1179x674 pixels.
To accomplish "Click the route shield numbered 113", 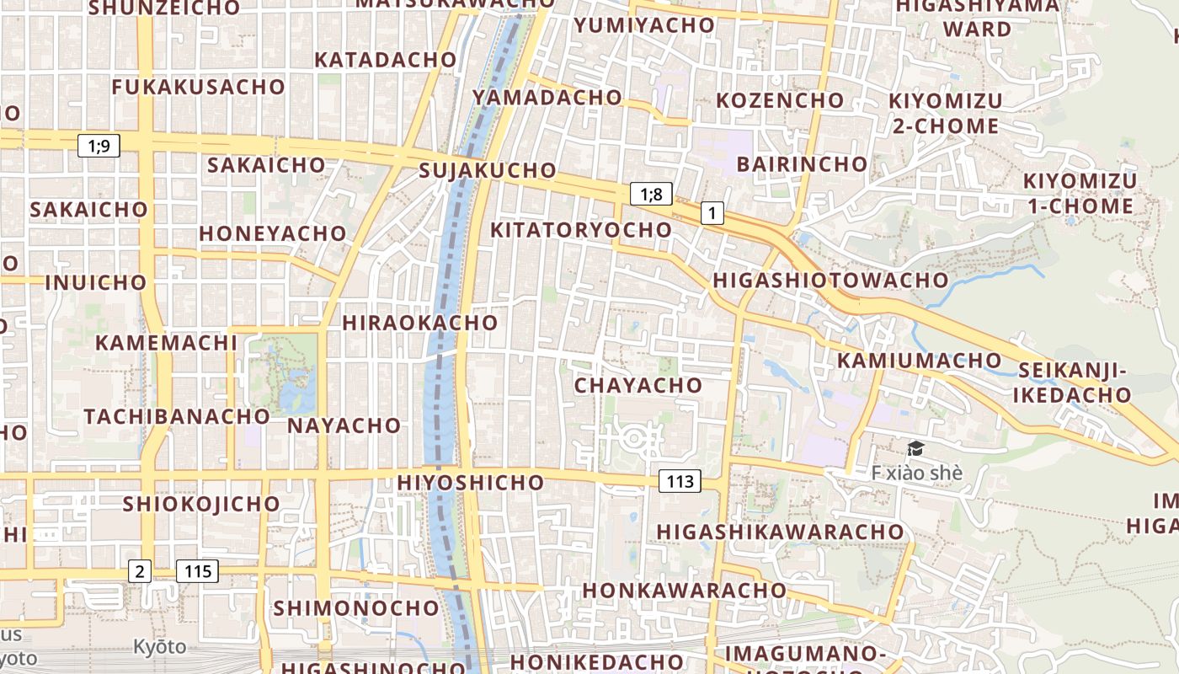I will (x=680, y=481).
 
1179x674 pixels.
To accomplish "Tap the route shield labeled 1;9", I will (x=99, y=146).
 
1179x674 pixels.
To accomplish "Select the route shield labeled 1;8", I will (x=651, y=195).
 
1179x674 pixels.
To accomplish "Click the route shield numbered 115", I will (x=197, y=571).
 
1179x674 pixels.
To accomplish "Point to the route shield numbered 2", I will (x=140, y=571).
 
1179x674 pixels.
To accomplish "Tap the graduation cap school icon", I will (x=915, y=450).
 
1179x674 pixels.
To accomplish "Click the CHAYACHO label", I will (x=638, y=386).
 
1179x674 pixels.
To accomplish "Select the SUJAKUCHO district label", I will (x=488, y=171).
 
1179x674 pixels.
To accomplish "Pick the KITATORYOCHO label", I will (x=581, y=230).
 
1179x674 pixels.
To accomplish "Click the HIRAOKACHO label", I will (x=419, y=323).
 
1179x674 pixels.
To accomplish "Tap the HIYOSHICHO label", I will (x=470, y=483).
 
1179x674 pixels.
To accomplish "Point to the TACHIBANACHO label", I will (x=177, y=416).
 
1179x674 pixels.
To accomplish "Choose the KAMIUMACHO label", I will (x=919, y=361).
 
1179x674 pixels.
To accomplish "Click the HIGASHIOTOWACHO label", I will (x=830, y=280).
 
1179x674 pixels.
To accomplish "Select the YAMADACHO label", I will (x=547, y=97).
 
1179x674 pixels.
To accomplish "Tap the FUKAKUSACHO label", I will (x=198, y=87).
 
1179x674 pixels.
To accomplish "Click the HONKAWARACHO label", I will (x=684, y=590).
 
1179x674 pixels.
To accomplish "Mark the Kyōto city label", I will (x=160, y=647).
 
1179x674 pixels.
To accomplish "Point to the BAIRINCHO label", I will (x=802, y=163).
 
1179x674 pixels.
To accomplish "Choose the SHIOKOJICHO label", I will (x=201, y=504).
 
